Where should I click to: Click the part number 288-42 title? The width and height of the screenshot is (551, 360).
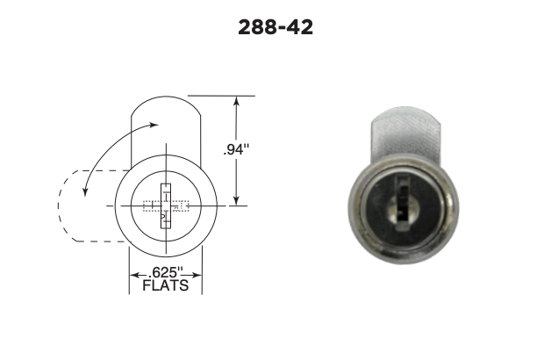pos(275,27)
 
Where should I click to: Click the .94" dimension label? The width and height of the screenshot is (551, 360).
pos(236,150)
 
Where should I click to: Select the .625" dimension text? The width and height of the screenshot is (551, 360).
pos(166,272)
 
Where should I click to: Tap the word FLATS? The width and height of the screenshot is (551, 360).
pos(166,285)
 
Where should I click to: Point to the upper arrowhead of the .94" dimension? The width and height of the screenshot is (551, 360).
pos(236,101)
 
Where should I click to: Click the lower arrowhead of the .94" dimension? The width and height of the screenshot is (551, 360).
pos(236,200)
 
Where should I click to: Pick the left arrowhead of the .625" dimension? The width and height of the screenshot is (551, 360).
pos(135,275)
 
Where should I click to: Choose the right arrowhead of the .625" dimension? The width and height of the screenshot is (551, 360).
pos(197,275)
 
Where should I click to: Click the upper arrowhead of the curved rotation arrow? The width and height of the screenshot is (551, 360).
pos(154,125)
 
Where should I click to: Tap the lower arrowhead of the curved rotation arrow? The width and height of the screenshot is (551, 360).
pos(85,191)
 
